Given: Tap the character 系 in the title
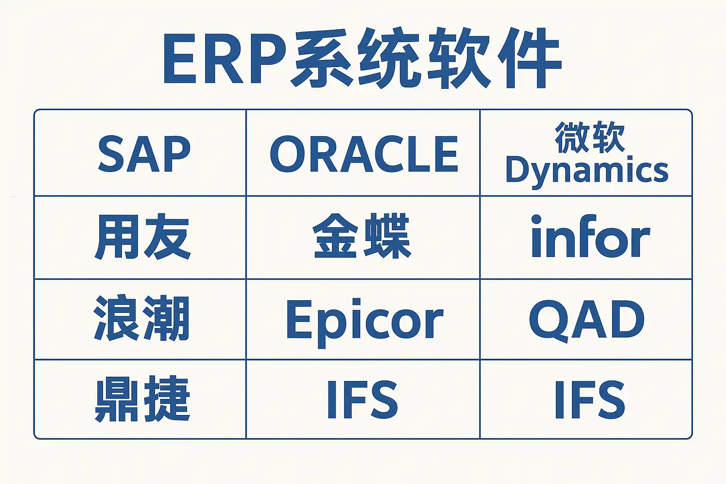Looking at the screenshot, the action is pyautogui.click(x=321, y=58).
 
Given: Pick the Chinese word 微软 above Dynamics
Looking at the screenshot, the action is pyautogui.click(x=590, y=137).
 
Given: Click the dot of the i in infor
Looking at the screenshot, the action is pyautogui.click(x=536, y=219).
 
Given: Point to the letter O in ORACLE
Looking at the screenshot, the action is pyautogui.click(x=288, y=154).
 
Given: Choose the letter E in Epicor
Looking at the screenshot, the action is pyautogui.click(x=297, y=319).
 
